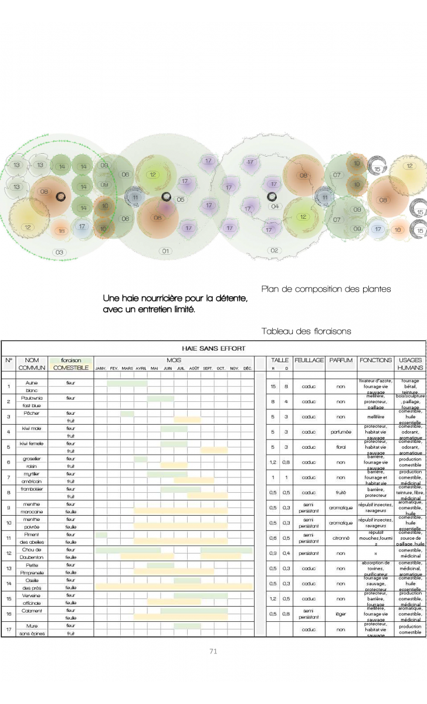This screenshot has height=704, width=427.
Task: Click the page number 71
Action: pyautogui.click(x=213, y=651)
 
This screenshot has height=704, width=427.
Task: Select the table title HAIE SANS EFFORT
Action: pyautogui.click(x=213, y=348)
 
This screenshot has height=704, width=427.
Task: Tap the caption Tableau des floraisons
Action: pyautogui.click(x=306, y=331)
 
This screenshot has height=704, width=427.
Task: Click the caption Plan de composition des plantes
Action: pyautogui.click(x=326, y=289)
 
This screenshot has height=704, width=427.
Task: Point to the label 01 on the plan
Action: pyautogui.click(x=165, y=251)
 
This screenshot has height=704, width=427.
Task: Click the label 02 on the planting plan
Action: pyautogui.click(x=274, y=251)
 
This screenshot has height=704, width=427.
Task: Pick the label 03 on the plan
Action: pyautogui.click(x=59, y=252)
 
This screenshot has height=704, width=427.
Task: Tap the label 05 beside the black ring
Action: pyautogui.click(x=180, y=199)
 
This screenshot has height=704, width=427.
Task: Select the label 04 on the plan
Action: pyautogui.click(x=274, y=207)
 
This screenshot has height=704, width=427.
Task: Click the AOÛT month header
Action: pyautogui.click(x=194, y=368)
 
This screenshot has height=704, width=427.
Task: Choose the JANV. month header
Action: pyautogui.click(x=100, y=368)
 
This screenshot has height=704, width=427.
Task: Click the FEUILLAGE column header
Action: pyautogui.click(x=309, y=360)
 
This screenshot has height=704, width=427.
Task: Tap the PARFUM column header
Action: pyautogui.click(x=341, y=360)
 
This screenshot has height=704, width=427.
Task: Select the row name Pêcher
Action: pyautogui.click(x=32, y=413)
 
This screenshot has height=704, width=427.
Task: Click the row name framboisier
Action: pyautogui.click(x=32, y=489)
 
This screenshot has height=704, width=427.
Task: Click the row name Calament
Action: pyautogui.click(x=32, y=610)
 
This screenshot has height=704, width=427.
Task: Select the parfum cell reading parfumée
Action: pyautogui.click(x=341, y=432)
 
